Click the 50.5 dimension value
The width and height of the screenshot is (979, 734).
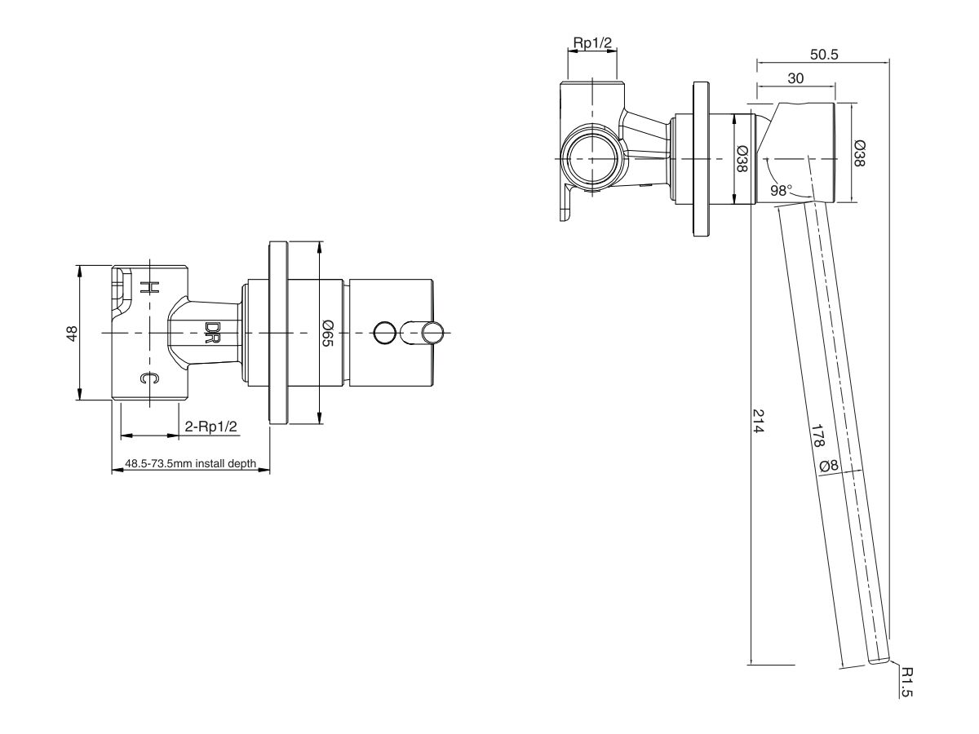pyautogui.click(x=824, y=55)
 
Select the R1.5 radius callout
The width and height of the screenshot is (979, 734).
pyautogui.click(x=907, y=681)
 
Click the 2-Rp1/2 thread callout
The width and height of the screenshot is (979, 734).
pyautogui.click(x=210, y=427)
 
